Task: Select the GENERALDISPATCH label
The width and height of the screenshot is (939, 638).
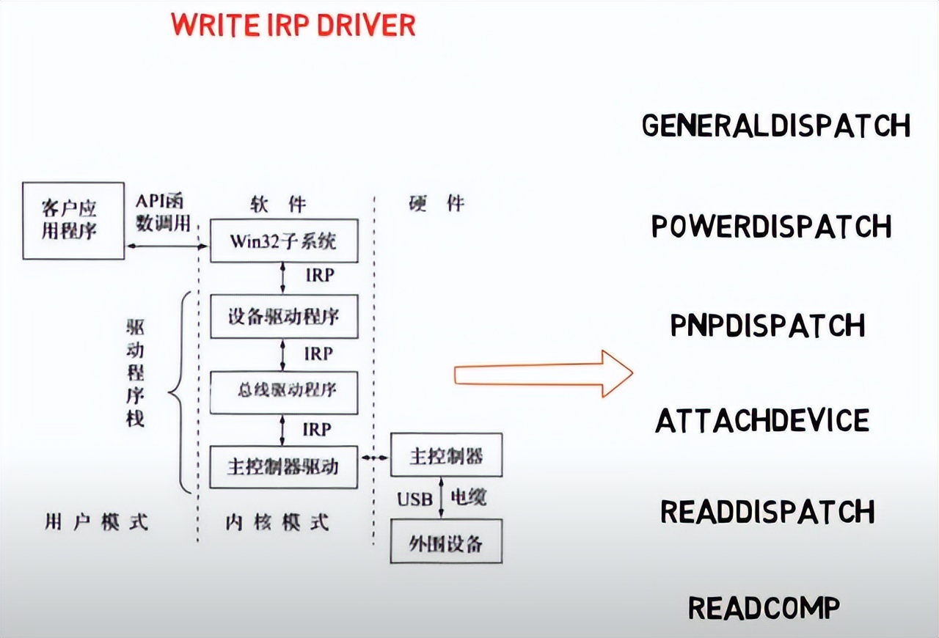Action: (x=775, y=125)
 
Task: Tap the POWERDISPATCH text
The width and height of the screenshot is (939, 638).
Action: (x=771, y=227)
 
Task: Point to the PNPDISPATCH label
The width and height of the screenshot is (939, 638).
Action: (x=767, y=325)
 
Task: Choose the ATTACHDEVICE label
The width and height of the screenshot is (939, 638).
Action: (x=762, y=421)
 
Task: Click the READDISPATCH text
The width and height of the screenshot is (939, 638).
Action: (x=767, y=511)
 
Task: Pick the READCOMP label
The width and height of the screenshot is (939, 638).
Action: (x=764, y=608)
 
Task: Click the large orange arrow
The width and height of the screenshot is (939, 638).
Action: (x=543, y=375)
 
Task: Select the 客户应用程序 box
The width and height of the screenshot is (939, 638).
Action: (x=73, y=221)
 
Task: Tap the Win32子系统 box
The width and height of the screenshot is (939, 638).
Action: (x=284, y=240)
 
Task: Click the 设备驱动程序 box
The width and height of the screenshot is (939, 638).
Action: (x=284, y=316)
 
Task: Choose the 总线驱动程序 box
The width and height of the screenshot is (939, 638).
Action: (x=284, y=392)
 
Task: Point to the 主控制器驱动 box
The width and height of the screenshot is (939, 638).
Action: (x=284, y=466)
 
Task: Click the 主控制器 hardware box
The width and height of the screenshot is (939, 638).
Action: (x=446, y=455)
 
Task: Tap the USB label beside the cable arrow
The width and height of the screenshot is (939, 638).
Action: (x=415, y=499)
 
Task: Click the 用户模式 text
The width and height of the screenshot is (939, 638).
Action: (x=96, y=522)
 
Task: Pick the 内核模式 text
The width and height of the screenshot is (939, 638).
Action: (x=277, y=522)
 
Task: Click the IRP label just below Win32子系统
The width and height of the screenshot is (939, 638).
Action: (x=319, y=276)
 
